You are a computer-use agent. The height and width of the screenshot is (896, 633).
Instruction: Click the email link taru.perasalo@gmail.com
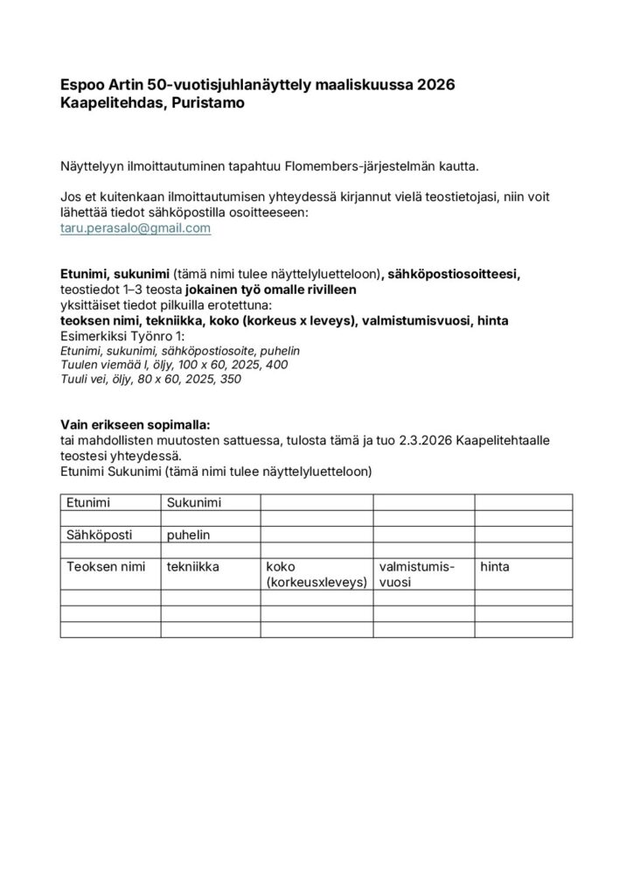136,227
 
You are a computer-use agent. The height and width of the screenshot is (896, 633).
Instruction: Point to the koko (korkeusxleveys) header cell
316,574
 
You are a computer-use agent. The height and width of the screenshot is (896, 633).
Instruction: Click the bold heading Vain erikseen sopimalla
135,423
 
